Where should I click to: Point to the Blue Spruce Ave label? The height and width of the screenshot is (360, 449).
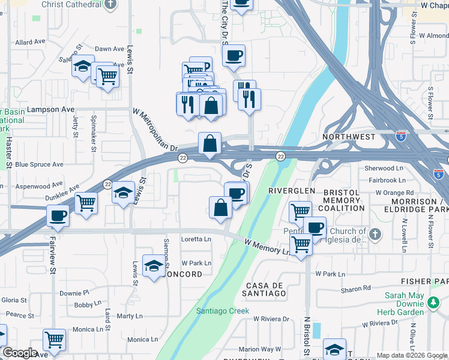click(39, 164)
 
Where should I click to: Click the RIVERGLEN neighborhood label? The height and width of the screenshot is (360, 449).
click(291, 190)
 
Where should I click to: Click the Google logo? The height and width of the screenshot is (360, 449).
click(20, 353)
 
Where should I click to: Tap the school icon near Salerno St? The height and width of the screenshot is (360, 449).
click(82, 67)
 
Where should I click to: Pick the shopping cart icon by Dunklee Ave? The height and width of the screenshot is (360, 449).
click(86, 202)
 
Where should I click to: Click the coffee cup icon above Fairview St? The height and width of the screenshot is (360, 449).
click(58, 215)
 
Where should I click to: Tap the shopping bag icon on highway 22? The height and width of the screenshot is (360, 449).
click(209, 144)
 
